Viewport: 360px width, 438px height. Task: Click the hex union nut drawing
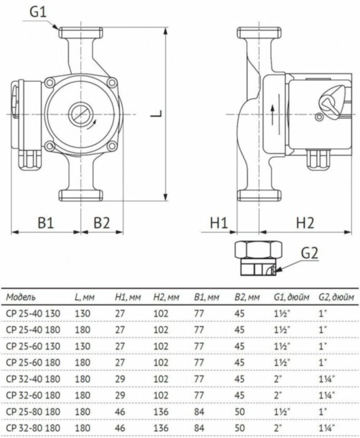[x=255, y=258]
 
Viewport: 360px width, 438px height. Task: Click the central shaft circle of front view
[x=80, y=115]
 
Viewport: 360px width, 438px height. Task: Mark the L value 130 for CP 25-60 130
[x=82, y=345]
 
